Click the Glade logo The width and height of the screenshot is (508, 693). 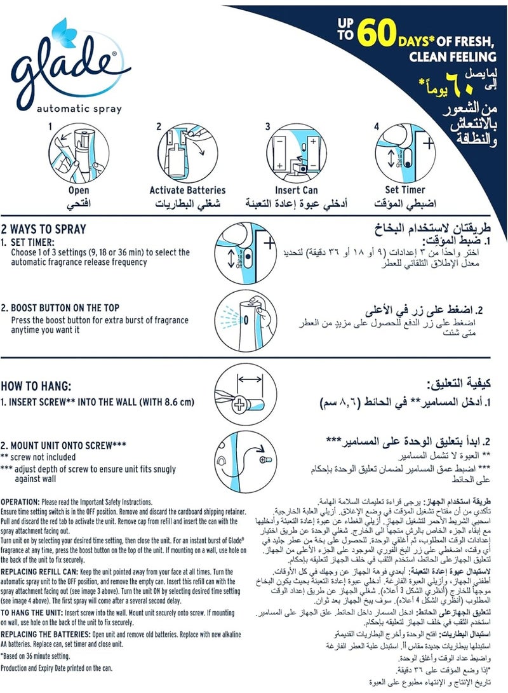click(63, 64)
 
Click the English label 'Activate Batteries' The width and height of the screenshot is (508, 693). click(178, 190)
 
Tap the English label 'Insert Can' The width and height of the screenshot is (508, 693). click(296, 190)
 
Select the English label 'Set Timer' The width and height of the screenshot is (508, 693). click(405, 190)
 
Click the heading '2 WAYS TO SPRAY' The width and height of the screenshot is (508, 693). click(44, 229)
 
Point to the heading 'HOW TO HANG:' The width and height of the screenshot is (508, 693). click(36, 385)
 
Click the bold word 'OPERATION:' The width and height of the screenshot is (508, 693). click(22, 501)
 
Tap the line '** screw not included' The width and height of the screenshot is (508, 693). click(38, 456)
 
